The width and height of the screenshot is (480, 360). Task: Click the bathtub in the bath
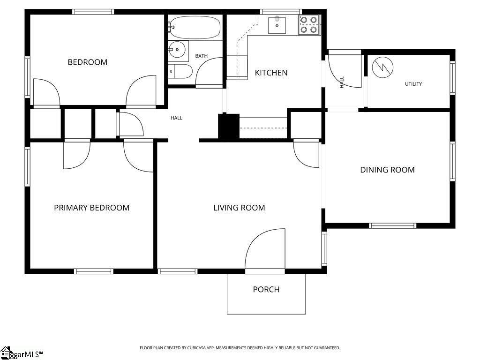[195, 27]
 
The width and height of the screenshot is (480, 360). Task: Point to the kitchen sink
[277, 25]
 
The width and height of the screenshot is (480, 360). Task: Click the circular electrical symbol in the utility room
[382, 67]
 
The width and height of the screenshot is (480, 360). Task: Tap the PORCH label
[266, 289]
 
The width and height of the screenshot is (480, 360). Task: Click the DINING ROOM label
[387, 170]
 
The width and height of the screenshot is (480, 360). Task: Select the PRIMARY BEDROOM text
[91, 208]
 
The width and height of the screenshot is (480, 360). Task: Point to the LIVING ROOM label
[239, 208]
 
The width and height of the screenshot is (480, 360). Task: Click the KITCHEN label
[271, 73]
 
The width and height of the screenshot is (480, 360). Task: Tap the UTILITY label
[413, 84]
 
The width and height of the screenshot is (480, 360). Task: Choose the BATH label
[202, 56]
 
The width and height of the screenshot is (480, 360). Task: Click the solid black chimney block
[228, 126]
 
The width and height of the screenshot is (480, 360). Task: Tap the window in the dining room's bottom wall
[392, 226]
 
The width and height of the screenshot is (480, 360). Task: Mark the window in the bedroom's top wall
[93, 12]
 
